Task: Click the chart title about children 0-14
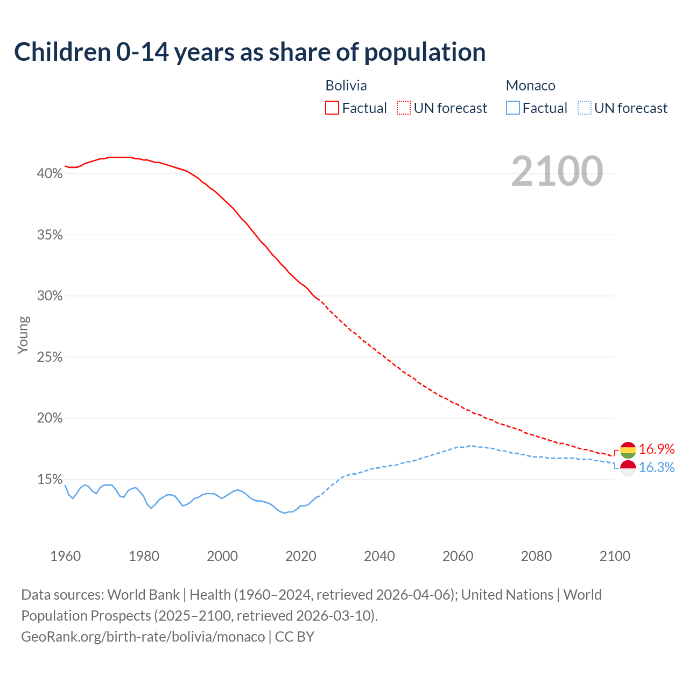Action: [x=250, y=52]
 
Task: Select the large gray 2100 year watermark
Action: [x=557, y=171]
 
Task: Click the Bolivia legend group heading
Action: [x=346, y=86]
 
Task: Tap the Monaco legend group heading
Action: [x=530, y=86]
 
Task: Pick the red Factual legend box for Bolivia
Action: [x=332, y=108]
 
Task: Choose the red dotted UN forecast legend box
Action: [x=404, y=108]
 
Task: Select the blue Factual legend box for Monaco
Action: [x=513, y=108]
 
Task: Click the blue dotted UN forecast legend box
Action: [x=584, y=108]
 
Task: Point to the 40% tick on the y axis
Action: [x=50, y=174]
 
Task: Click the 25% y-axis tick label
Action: [x=50, y=357]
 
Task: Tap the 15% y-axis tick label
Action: [x=50, y=480]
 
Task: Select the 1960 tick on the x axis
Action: [x=65, y=556]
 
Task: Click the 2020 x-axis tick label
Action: [x=300, y=556]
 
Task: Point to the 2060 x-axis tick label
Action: [x=458, y=556]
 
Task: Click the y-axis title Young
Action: [x=23, y=335]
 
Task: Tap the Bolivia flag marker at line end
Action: [x=628, y=450]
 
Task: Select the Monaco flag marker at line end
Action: [x=628, y=468]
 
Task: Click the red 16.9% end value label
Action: [x=657, y=449]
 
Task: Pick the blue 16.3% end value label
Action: [x=657, y=467]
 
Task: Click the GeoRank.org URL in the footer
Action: [x=143, y=637]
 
